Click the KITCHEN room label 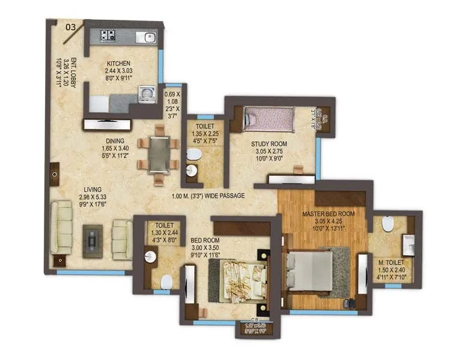click(x=118, y=64)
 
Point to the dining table click(x=159, y=154)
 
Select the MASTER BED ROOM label click(x=328, y=214)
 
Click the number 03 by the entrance click(x=70, y=26)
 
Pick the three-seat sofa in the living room click(x=62, y=229)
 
